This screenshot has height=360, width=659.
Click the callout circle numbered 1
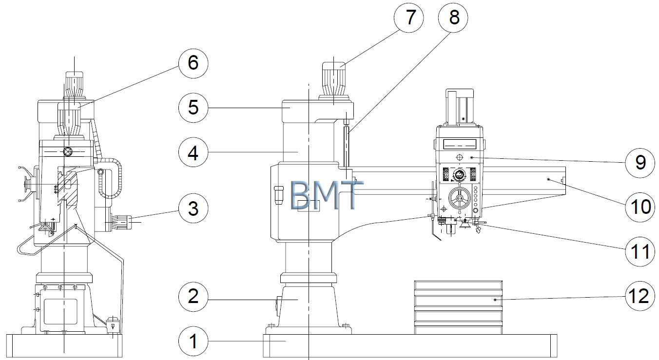(194, 341)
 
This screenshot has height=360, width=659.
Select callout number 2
(194, 297)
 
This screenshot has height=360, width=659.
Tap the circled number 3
(194, 208)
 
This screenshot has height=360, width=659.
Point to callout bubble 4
(194, 152)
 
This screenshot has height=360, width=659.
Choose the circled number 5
(194, 108)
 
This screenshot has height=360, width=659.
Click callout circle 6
(194, 63)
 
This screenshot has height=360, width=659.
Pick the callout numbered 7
(408, 18)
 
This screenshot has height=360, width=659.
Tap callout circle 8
(453, 18)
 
